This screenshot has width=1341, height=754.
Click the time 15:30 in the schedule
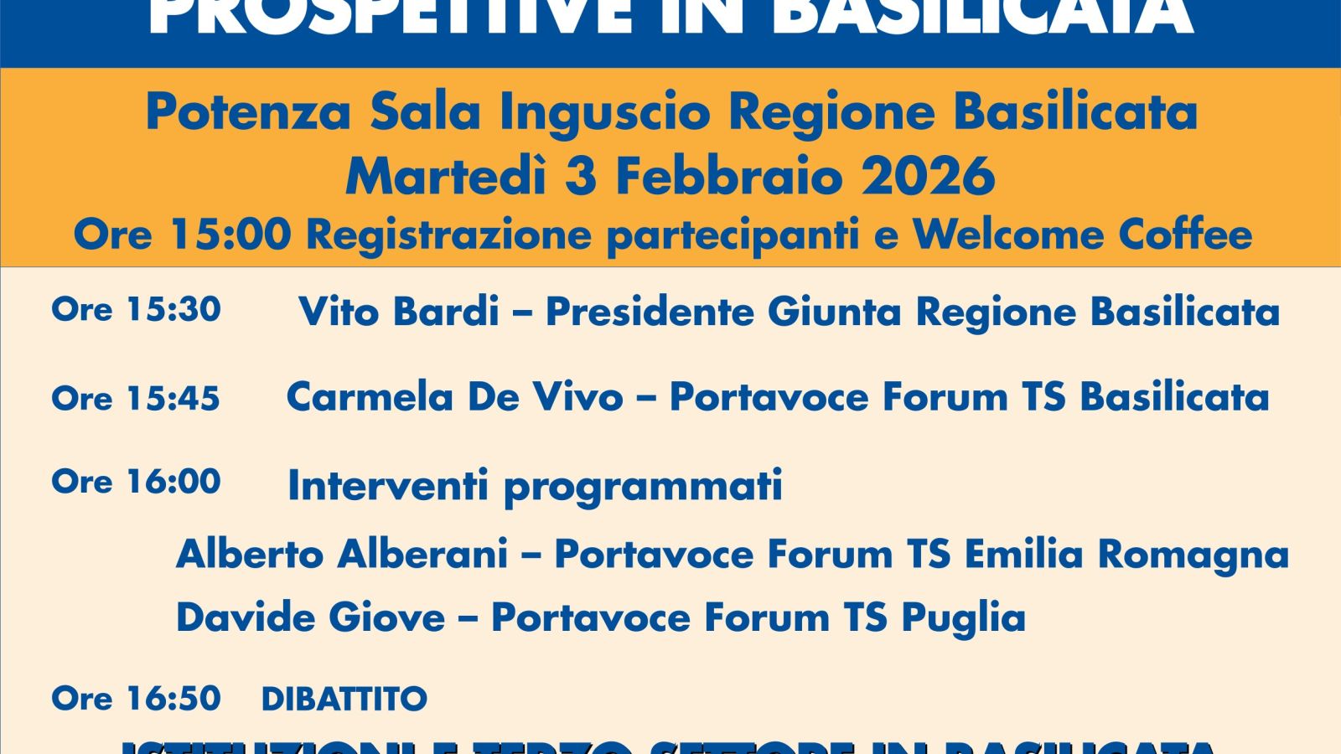[x=173, y=309]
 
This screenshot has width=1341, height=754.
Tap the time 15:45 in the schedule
[x=173, y=399]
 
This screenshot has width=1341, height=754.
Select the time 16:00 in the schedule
[x=173, y=482]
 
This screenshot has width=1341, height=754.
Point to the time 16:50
[x=173, y=699]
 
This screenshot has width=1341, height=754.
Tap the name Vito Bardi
[x=399, y=312]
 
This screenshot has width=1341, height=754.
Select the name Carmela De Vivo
[x=454, y=397]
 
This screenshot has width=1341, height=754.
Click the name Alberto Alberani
[x=342, y=555]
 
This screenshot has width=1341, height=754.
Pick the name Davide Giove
[x=310, y=618]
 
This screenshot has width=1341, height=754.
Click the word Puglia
[x=963, y=618]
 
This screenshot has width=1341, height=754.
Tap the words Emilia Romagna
[x=1126, y=555]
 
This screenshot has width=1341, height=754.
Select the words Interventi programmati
[x=535, y=486]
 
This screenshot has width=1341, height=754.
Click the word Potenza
[x=248, y=112]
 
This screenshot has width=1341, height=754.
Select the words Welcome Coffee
[x=1082, y=235]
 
